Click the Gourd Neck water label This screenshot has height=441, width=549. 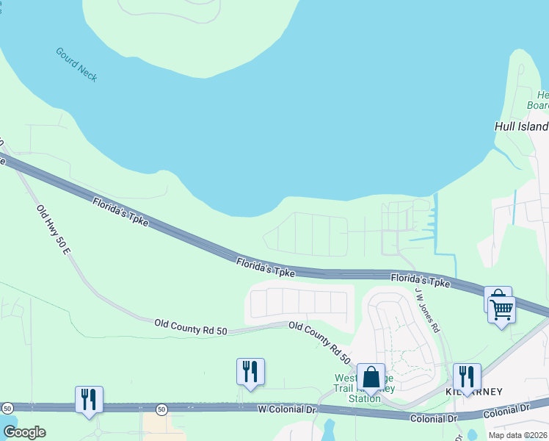click(x=76, y=65)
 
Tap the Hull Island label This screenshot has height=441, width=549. click(x=520, y=126)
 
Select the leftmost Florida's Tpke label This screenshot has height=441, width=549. click(x=120, y=212)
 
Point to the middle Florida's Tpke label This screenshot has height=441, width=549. click(x=265, y=267)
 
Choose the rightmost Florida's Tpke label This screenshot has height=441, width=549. click(x=420, y=281)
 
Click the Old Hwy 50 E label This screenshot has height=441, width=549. click(x=53, y=230)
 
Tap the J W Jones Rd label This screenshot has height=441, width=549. click(x=426, y=309)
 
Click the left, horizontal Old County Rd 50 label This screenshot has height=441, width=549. click(x=191, y=326)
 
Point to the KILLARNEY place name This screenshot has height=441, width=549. click(x=474, y=392)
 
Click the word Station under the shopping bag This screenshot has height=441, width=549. click(x=364, y=399)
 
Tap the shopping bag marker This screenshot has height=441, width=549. click(x=371, y=377)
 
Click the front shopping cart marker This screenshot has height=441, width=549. click(x=502, y=310)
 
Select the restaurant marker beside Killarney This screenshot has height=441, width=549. click(x=467, y=377)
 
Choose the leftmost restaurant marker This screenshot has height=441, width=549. click(x=89, y=400)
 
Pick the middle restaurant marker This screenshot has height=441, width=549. click(x=250, y=372)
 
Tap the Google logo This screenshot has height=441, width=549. click(x=24, y=432)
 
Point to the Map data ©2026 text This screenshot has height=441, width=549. click(x=517, y=435)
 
